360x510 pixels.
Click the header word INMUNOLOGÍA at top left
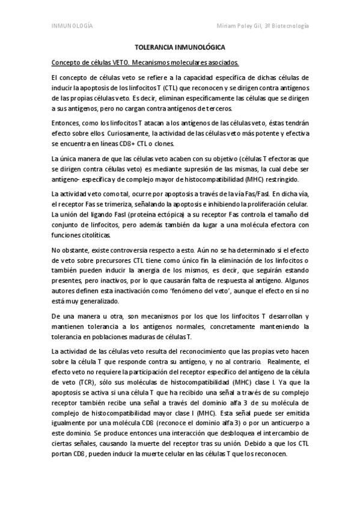click(x=71, y=26)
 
